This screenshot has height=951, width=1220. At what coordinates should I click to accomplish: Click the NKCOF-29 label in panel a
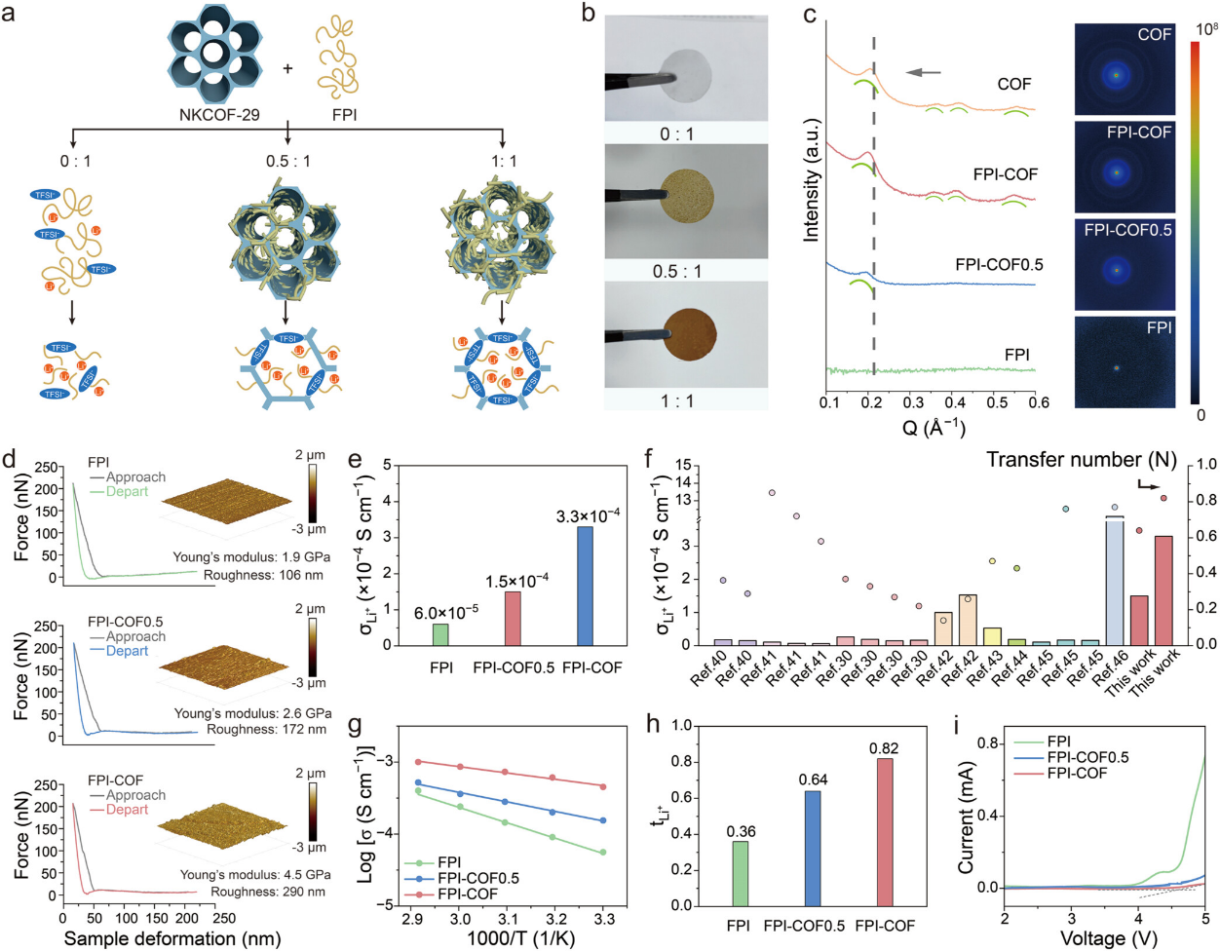tap(219, 115)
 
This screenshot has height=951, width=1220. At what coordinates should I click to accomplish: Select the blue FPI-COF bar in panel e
tap(585, 585)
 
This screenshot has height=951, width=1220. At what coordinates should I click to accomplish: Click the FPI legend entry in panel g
tap(448, 862)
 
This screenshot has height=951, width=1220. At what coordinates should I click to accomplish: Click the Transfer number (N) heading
tap(1082, 460)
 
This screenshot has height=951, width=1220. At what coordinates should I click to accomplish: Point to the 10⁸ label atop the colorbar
tap(1206, 28)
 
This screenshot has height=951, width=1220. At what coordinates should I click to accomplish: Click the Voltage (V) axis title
tap(1105, 938)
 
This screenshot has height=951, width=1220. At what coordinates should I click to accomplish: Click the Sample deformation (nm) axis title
tap(172, 938)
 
